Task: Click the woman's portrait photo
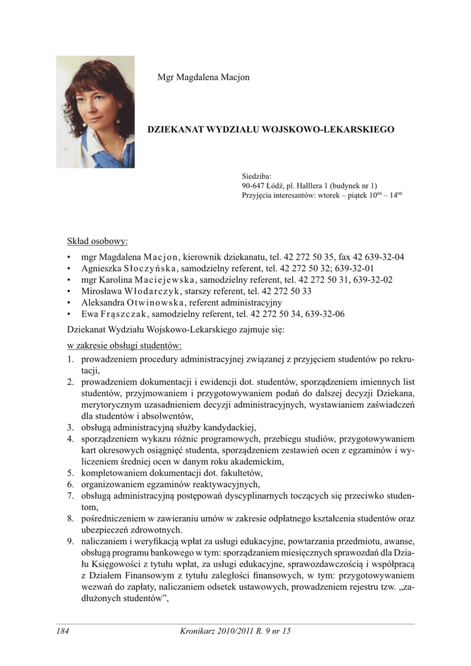[x=95, y=111]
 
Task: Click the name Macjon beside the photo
[x=235, y=77]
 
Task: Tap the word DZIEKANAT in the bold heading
[x=176, y=130]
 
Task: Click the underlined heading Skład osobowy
[x=98, y=242]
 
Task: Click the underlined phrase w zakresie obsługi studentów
[x=124, y=345]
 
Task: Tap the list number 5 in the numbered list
[x=70, y=473]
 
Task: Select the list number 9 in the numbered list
[x=70, y=541]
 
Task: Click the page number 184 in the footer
[x=62, y=631]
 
